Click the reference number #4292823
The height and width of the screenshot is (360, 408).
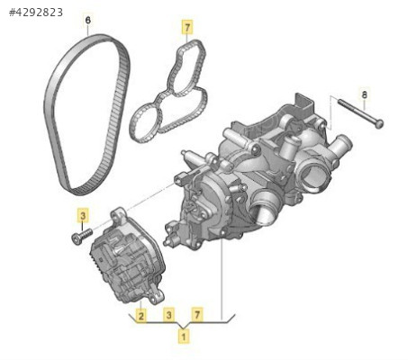click(36, 13)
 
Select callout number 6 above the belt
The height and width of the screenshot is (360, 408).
click(88, 21)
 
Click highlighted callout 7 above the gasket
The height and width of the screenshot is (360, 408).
click(187, 28)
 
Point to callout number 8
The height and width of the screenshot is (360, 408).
click(364, 95)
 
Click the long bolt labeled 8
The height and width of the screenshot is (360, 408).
click(360, 113)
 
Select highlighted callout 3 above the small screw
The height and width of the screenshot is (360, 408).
click(83, 215)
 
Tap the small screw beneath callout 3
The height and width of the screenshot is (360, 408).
click(81, 236)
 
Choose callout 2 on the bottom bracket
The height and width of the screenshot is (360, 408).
click(141, 316)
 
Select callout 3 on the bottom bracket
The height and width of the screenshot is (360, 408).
click(169, 315)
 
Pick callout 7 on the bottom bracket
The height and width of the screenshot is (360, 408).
click(197, 315)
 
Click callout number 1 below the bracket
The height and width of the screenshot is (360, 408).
click(184, 336)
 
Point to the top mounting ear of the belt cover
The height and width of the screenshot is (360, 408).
click(119, 215)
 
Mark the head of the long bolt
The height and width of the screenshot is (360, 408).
click(380, 124)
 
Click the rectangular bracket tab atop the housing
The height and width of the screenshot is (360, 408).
click(304, 103)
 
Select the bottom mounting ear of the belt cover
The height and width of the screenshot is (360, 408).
click(156, 296)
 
